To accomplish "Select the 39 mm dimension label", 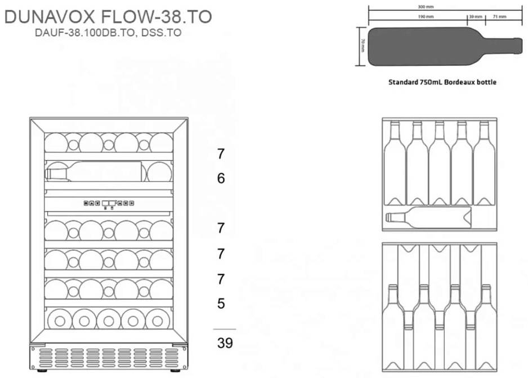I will point(476,17).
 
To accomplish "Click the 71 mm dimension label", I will point(499,17).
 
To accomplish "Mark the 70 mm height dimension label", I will point(363,46).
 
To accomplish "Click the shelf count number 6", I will point(221,179).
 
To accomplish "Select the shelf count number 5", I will point(221,304).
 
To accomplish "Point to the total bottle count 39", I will point(225,343).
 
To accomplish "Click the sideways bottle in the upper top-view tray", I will point(428,217).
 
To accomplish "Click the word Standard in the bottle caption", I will point(403,82).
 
